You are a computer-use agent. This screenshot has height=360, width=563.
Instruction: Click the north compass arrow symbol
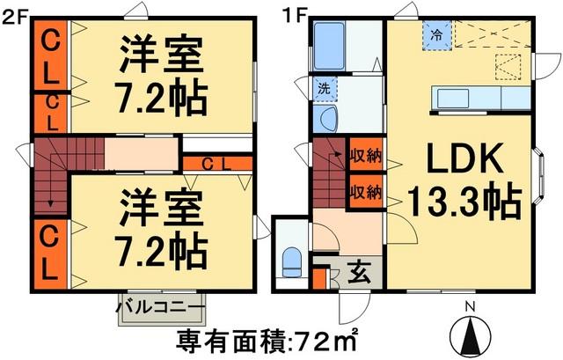click(x=469, y=335)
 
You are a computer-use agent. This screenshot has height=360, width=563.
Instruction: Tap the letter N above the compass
click(x=469, y=306)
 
